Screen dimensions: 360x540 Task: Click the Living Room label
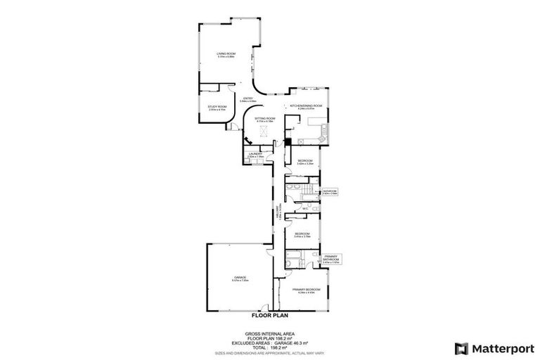pyautogui.click(x=226, y=55)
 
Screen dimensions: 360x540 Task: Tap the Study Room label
pyautogui.click(x=217, y=108)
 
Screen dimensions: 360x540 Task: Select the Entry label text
pyautogui.click(x=247, y=99)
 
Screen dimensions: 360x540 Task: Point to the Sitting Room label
pyautogui.click(x=264, y=120)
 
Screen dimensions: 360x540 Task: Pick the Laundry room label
pyautogui.click(x=255, y=155)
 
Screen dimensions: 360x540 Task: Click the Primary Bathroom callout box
pyautogui.click(x=330, y=260)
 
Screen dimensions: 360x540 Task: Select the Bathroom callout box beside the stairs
pyautogui.click(x=330, y=192)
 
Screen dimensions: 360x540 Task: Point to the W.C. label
pyautogui.click(x=306, y=208)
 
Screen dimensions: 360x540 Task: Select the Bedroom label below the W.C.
pyautogui.click(x=302, y=234)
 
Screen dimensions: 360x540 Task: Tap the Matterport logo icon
pyautogui.click(x=461, y=348)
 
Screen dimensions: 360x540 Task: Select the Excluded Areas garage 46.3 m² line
pyautogui.click(x=269, y=342)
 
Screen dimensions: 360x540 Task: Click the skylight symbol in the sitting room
pyautogui.click(x=265, y=129)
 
